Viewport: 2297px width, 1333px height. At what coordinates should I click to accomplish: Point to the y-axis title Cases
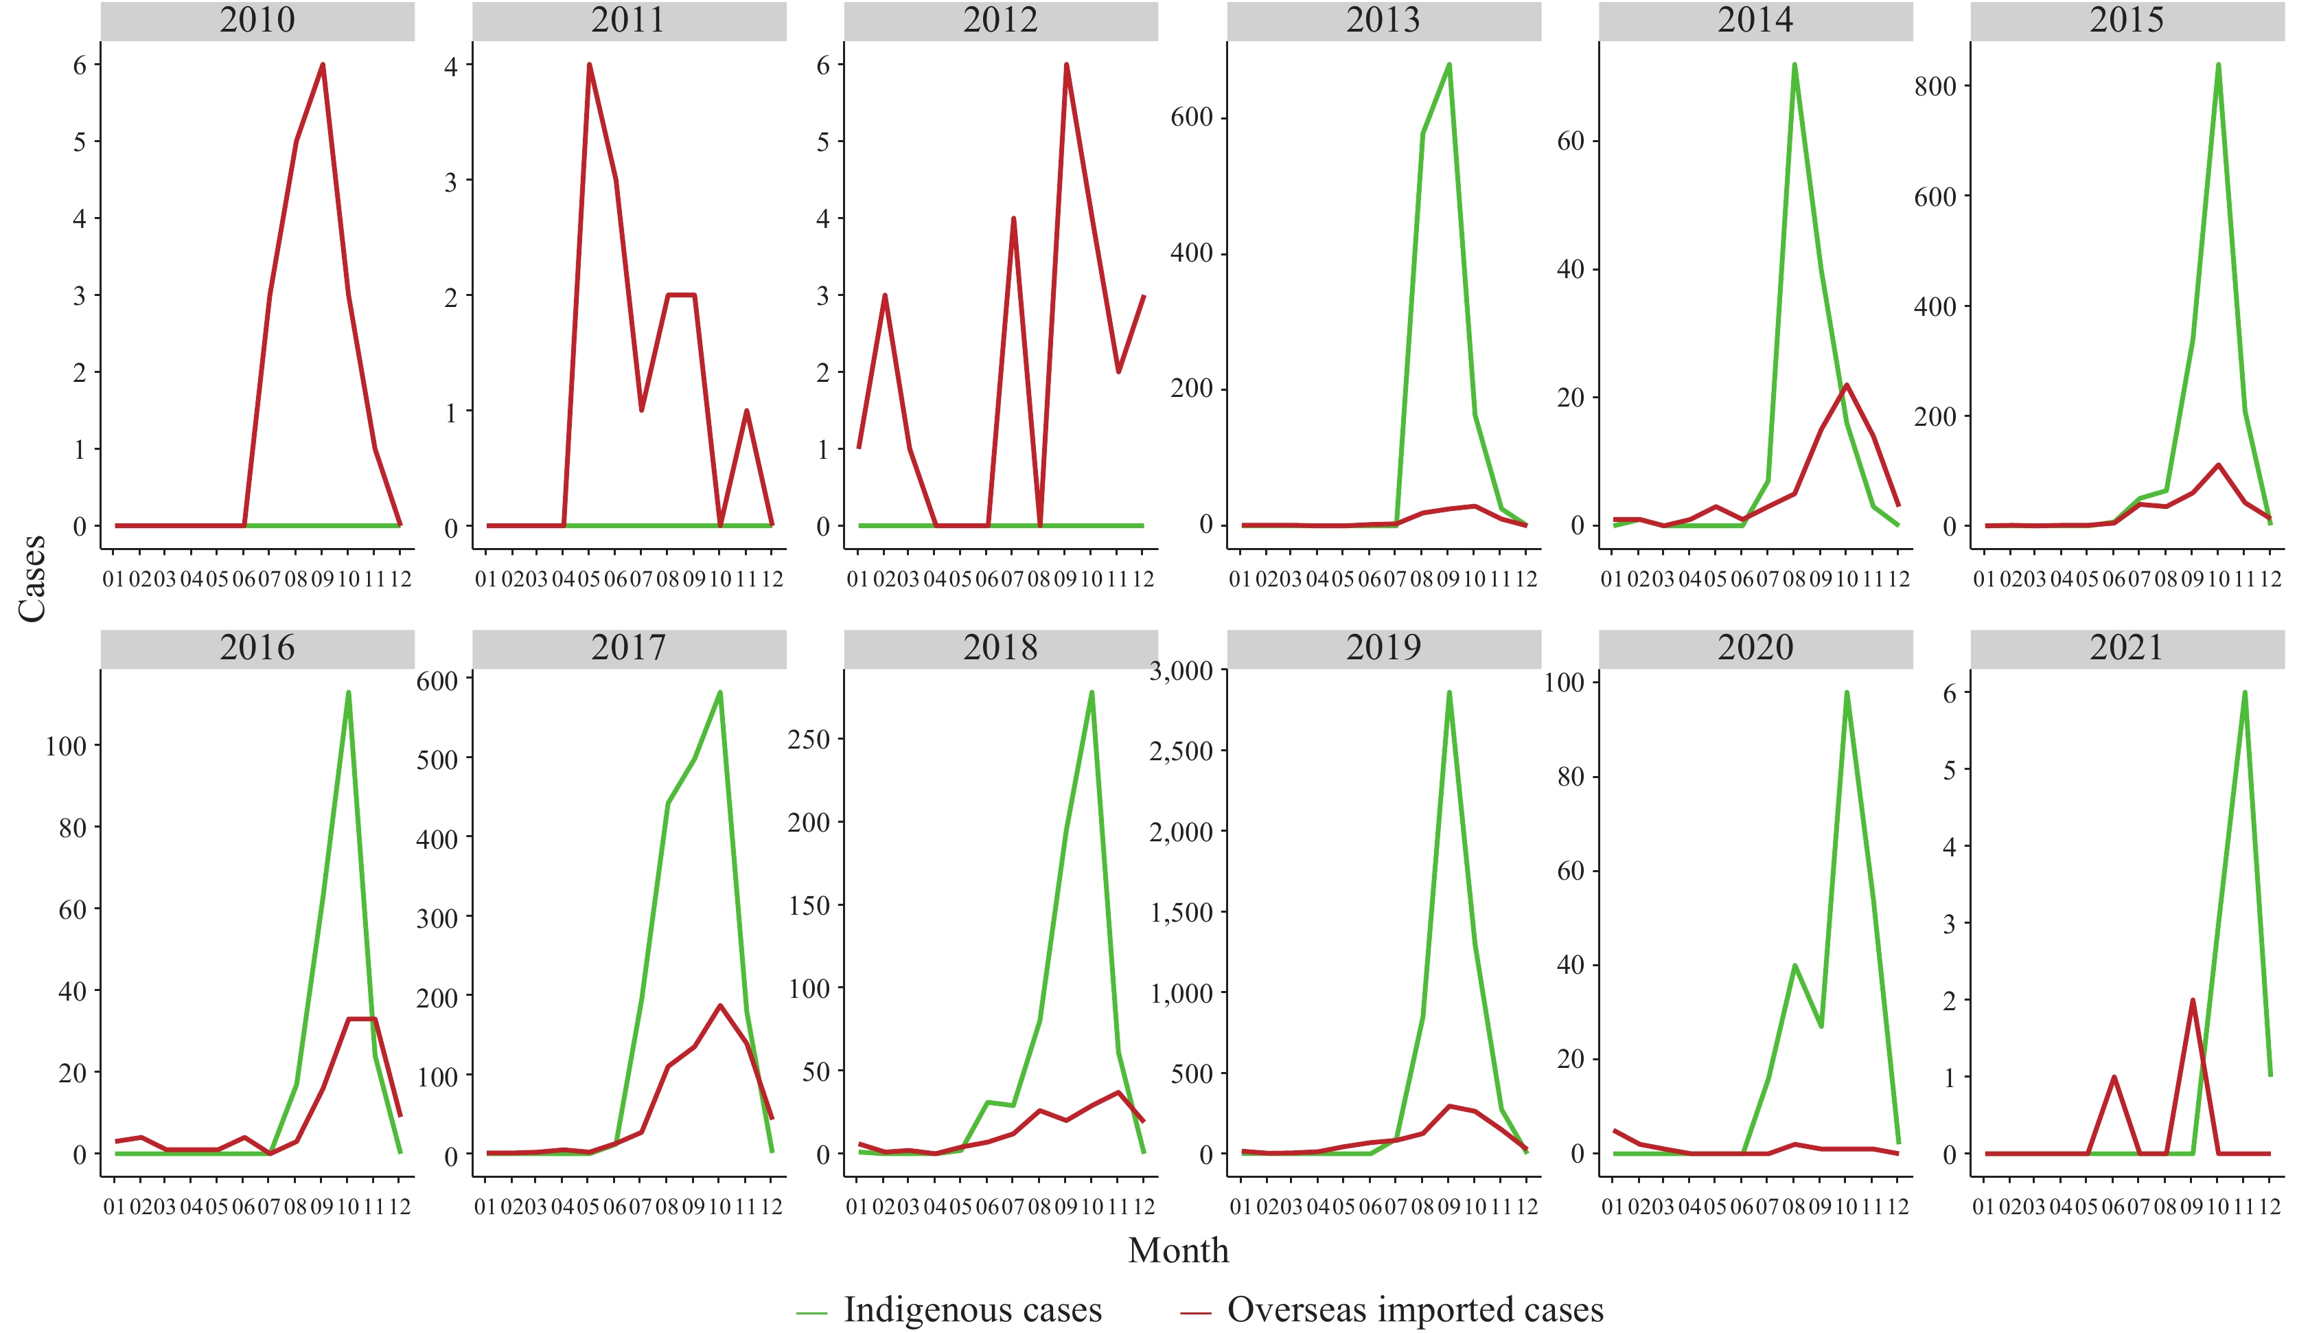(33, 578)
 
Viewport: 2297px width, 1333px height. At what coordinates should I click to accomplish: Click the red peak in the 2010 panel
(323, 65)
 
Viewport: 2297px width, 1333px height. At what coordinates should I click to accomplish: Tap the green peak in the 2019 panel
(1448, 692)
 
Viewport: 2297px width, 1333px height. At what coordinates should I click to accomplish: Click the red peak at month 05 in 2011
(589, 65)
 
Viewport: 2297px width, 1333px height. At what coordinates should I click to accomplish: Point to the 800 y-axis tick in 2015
(1935, 86)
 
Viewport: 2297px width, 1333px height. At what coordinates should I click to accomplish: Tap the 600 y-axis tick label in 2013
(1191, 117)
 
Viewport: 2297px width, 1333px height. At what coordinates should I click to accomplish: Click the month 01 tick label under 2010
(114, 579)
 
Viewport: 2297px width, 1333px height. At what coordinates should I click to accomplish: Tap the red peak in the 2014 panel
(1846, 385)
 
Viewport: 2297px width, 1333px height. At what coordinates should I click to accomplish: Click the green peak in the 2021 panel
(2244, 692)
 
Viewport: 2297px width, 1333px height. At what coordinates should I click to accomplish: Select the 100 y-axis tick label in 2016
(66, 746)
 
